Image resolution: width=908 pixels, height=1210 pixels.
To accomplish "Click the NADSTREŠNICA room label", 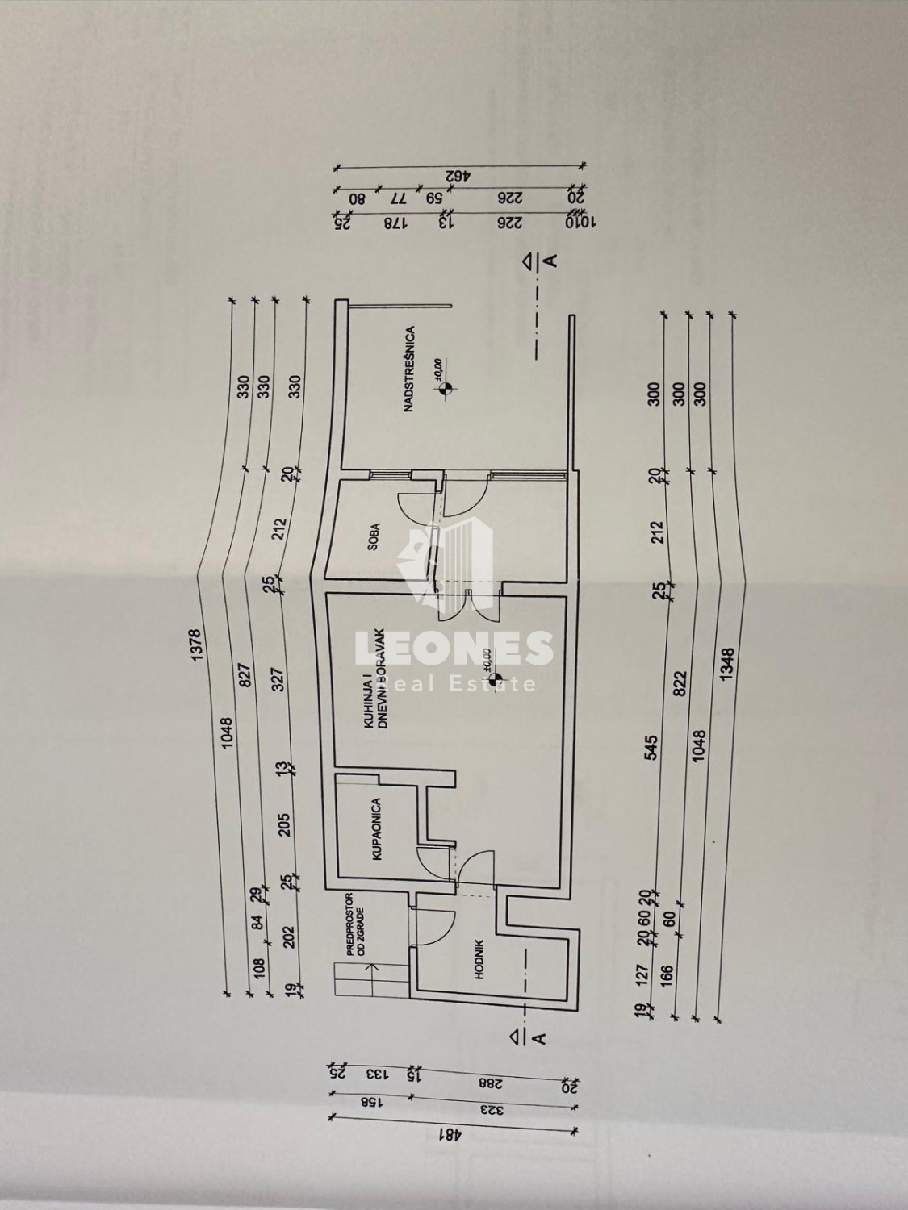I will pyautogui.click(x=411, y=370).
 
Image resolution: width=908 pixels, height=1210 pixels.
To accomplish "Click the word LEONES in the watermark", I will pyautogui.click(x=454, y=649).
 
